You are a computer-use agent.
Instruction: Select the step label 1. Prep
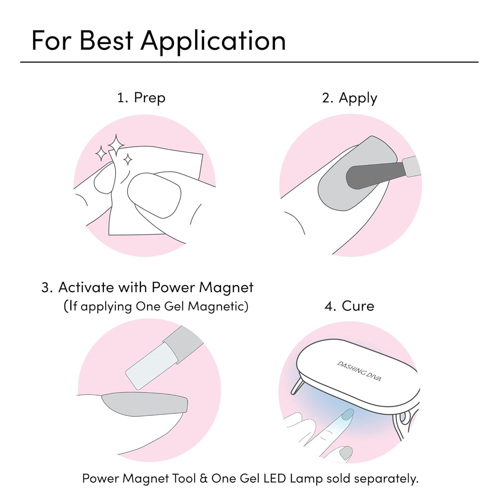point(141,98)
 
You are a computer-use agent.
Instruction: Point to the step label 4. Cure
point(349,306)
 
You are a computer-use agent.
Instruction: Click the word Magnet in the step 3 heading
point(226,288)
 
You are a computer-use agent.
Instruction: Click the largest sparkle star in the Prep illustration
point(116,145)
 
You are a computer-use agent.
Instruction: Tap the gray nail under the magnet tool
point(144,404)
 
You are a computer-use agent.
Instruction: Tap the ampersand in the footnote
point(204,478)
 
